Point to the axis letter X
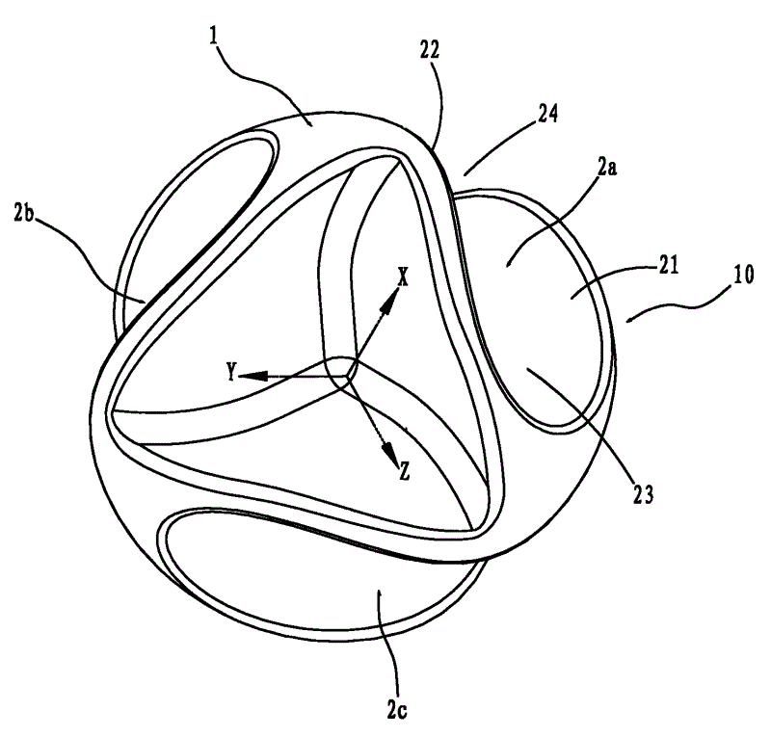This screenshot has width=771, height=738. (404, 277)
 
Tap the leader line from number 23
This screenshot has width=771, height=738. (577, 424)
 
